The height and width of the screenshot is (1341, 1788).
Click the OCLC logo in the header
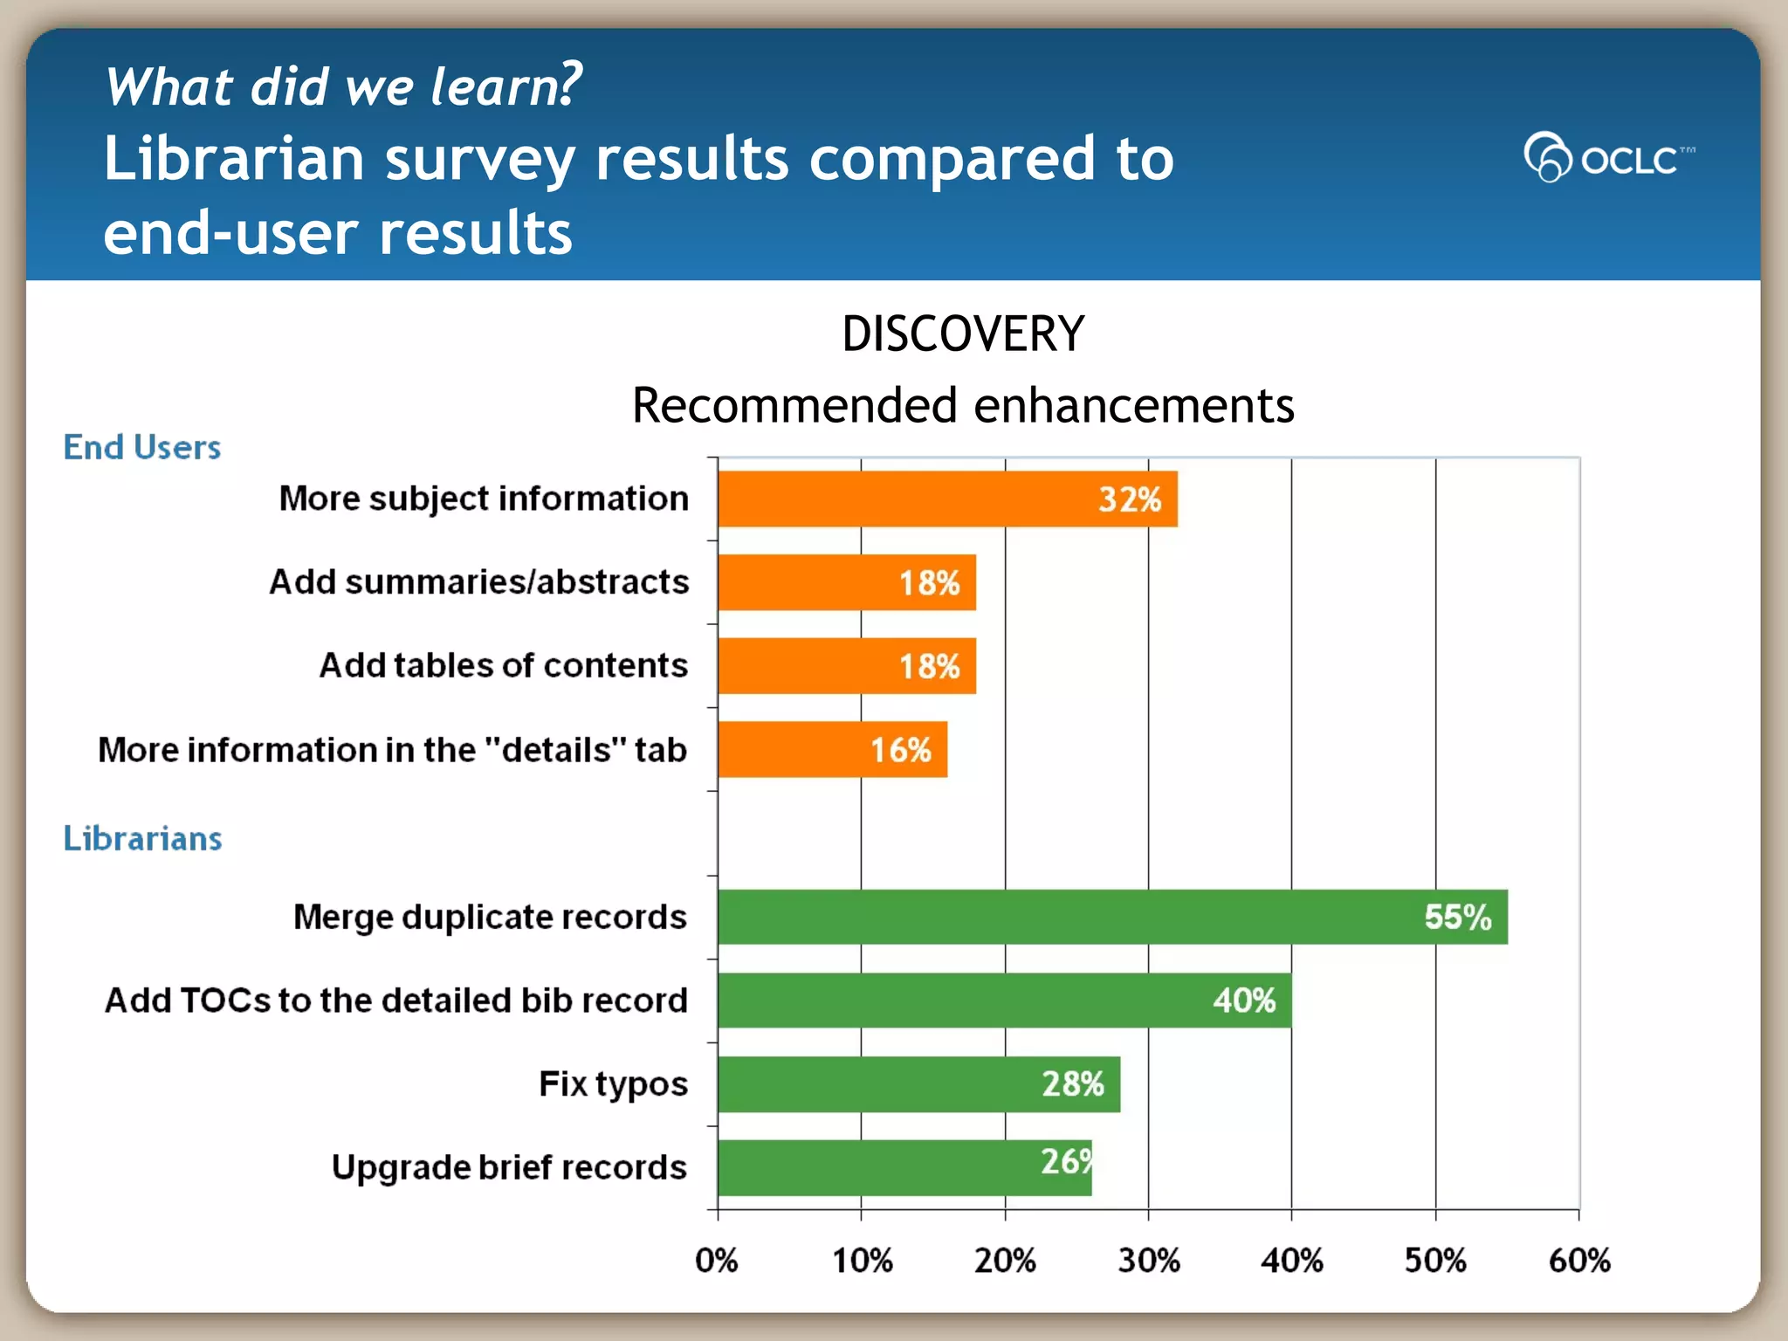tap(1608, 157)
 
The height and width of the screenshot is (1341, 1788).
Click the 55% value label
tap(1457, 917)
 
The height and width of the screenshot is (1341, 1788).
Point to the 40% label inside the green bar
tap(1243, 1001)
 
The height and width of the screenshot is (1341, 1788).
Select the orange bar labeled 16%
tap(831, 749)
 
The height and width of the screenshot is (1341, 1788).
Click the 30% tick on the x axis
tap(1148, 1261)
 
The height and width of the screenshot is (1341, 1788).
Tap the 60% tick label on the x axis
tap(1578, 1261)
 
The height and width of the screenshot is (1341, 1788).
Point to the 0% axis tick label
tap(717, 1261)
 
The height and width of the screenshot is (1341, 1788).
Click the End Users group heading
tap(142, 447)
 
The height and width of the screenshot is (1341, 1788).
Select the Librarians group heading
tap(142, 838)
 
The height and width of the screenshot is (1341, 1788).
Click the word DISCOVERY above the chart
tap(962, 334)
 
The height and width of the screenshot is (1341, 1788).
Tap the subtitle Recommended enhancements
tap(962, 405)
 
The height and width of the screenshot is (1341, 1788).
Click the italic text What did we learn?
tap(342, 86)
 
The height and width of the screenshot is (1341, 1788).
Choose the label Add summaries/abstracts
tap(478, 581)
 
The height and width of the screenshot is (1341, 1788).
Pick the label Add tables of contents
tap(503, 665)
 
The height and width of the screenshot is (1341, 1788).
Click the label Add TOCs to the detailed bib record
tap(396, 1001)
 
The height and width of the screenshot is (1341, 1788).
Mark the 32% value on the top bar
tap(1129, 499)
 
